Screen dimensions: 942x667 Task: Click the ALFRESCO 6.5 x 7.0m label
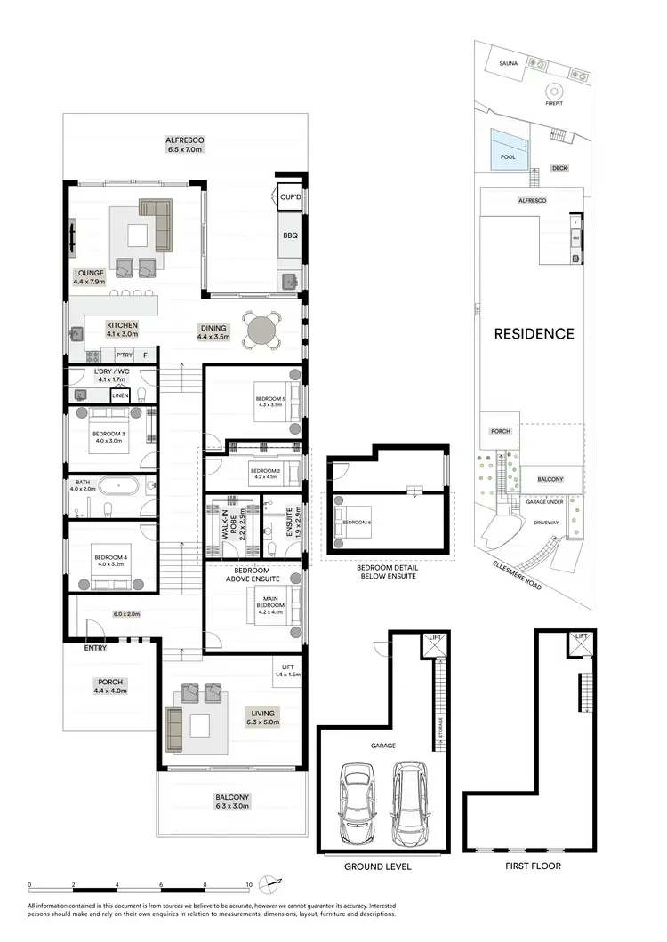click(x=185, y=145)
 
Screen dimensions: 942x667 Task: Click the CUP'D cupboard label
click(x=290, y=197)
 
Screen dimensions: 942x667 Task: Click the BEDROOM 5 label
click(x=269, y=399)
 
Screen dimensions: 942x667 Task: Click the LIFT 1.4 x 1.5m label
click(x=287, y=671)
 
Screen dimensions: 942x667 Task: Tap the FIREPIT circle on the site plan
click(x=555, y=91)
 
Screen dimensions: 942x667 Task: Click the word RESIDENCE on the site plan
click(x=534, y=334)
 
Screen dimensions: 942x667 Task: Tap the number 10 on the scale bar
click(x=248, y=885)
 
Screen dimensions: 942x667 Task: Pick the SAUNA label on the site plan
click(x=508, y=64)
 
